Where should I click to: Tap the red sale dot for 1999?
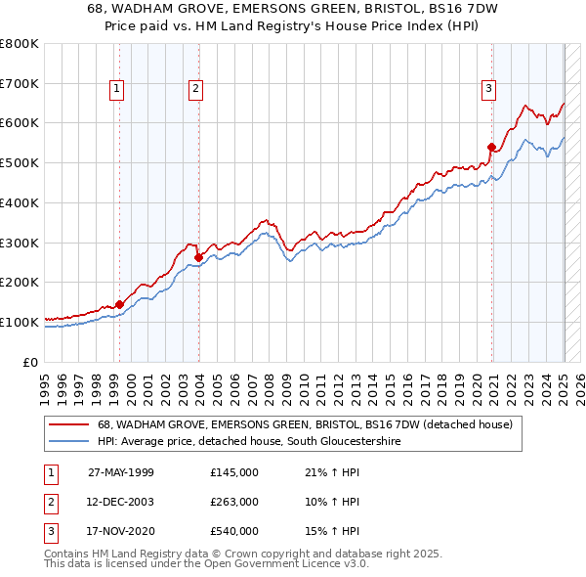click(119, 304)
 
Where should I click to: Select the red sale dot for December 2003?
click(198, 257)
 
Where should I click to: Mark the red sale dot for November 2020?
click(491, 147)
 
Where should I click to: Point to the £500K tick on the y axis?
click(21, 162)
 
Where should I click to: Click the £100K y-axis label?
click(21, 322)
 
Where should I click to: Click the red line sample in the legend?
click(69, 424)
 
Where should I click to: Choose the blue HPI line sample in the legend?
click(69, 442)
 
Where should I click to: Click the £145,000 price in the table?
click(234, 472)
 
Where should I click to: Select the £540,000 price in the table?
click(234, 531)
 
